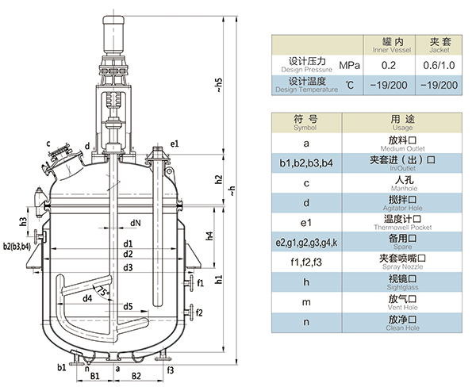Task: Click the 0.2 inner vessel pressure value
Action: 389,65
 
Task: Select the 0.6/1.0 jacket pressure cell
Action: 439,65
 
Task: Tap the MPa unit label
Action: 349,65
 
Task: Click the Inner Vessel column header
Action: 389,44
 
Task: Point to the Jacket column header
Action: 439,44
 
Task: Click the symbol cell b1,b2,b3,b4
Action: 305,163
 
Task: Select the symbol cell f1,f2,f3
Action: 305,262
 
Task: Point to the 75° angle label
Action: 101,289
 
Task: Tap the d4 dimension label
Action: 86,297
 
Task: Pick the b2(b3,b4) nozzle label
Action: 17,246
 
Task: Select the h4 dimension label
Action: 209,236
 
